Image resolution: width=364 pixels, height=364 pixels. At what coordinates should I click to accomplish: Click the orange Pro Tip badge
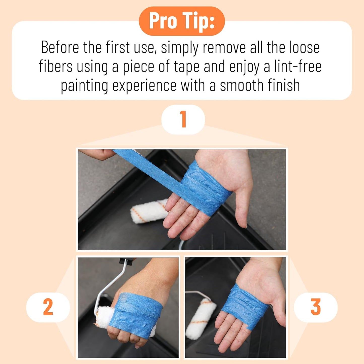tap(182, 21)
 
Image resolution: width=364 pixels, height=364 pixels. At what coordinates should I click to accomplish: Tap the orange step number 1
tap(183, 119)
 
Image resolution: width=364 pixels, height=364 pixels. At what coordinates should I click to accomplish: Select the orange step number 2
tap(48, 307)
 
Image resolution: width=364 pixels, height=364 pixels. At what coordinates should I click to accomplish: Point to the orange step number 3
tap(316, 307)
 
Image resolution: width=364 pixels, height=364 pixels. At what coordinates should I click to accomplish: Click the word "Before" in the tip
tap(60, 47)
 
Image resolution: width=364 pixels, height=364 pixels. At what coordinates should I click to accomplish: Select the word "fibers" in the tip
tap(56, 66)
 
